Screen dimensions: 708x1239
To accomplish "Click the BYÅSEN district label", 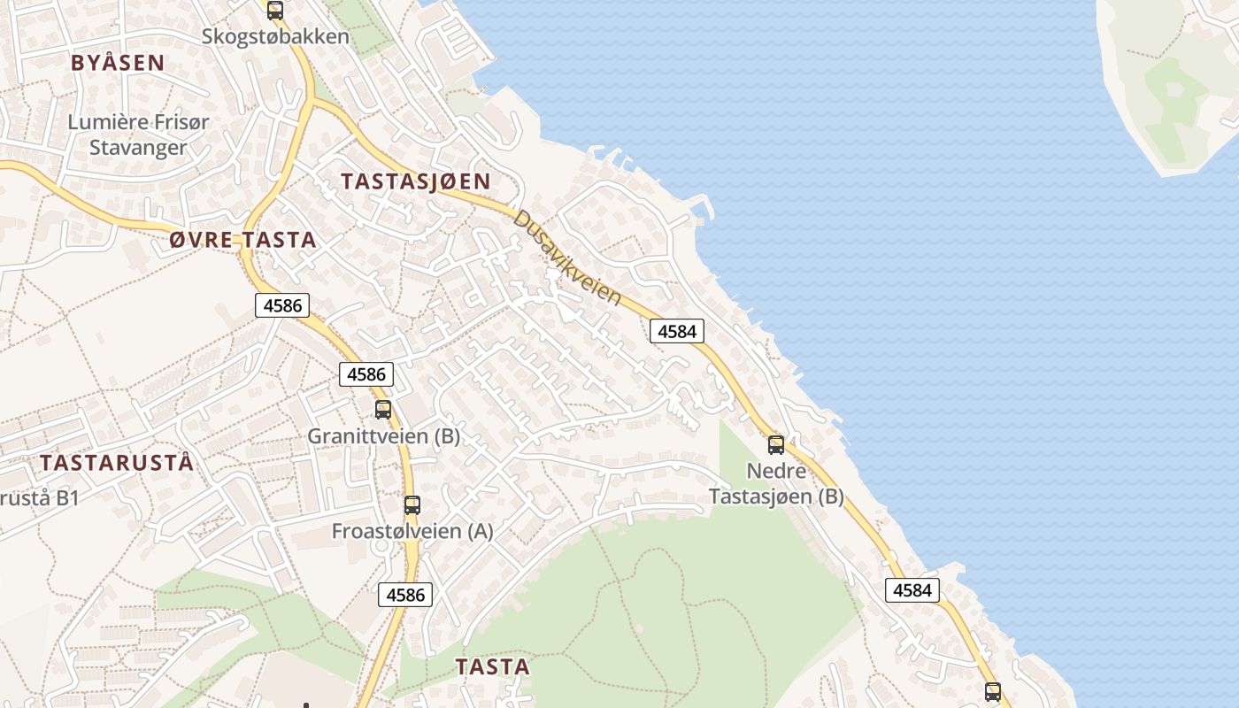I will pyautogui.click(x=118, y=62).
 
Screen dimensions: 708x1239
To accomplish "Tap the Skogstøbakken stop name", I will pyautogui.click(x=275, y=37).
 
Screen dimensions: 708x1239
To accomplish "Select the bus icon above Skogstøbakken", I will pyautogui.click(x=275, y=11).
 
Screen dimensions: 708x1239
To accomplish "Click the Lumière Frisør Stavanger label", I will pyautogui.click(x=139, y=135).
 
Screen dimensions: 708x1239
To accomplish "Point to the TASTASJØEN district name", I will pyautogui.click(x=415, y=181).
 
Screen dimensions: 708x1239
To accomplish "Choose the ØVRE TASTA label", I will pyautogui.click(x=242, y=239).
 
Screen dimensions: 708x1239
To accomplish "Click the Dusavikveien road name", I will pyautogui.click(x=567, y=257).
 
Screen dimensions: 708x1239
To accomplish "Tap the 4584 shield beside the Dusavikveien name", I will pyautogui.click(x=677, y=331).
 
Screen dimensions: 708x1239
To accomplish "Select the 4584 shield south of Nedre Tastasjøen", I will pyautogui.click(x=912, y=589).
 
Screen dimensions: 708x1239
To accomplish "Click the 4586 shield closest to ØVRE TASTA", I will pyautogui.click(x=282, y=306).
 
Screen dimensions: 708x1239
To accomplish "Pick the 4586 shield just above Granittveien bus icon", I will pyautogui.click(x=366, y=374).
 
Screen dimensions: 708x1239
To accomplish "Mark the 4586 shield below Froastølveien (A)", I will pyautogui.click(x=405, y=595).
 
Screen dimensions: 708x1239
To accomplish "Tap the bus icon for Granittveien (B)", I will pyautogui.click(x=383, y=410).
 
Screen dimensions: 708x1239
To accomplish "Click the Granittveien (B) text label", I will pyautogui.click(x=383, y=436).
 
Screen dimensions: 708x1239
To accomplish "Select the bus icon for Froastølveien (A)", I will pyautogui.click(x=412, y=505).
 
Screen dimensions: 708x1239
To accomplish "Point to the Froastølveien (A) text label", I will pyautogui.click(x=412, y=531).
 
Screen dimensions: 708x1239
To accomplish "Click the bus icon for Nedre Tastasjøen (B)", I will pyautogui.click(x=776, y=445).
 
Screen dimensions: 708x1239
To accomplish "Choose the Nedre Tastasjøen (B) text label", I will pyautogui.click(x=776, y=483).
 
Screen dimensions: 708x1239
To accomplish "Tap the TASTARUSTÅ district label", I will pyautogui.click(x=116, y=463).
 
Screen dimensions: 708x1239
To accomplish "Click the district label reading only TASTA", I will pyautogui.click(x=492, y=667).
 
